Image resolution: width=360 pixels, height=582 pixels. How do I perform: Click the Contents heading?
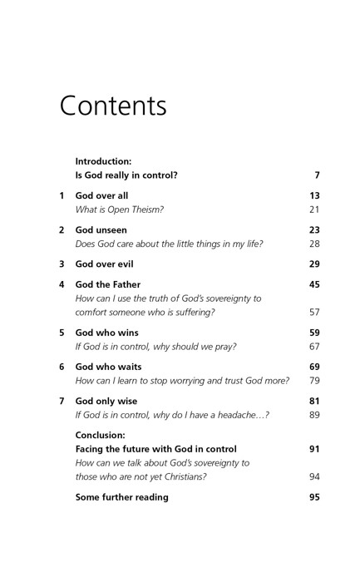(x=113, y=106)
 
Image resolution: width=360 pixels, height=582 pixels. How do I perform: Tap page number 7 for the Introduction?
(x=317, y=175)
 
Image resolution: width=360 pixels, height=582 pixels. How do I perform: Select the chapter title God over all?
(x=101, y=196)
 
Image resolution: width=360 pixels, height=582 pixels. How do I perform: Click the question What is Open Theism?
(x=119, y=210)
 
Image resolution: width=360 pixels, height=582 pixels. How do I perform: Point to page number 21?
(x=314, y=210)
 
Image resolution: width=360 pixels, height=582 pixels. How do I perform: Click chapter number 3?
(x=62, y=264)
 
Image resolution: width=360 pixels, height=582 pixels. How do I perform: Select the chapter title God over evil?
(x=104, y=264)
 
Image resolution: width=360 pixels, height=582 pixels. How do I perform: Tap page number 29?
(x=314, y=264)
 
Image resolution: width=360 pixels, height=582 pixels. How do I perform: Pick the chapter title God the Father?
(x=108, y=284)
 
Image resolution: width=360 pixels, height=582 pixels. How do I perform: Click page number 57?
(x=314, y=313)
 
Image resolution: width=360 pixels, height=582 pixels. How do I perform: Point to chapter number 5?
(x=62, y=333)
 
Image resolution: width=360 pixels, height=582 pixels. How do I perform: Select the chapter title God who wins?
(x=106, y=333)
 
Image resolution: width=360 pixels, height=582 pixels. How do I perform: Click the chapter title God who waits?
(x=108, y=367)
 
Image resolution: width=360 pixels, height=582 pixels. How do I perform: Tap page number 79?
(x=314, y=381)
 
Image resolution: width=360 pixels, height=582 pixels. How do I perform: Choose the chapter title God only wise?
(x=106, y=401)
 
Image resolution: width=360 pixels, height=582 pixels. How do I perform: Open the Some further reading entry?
(x=121, y=497)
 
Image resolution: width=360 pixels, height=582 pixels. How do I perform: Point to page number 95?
(x=314, y=497)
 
